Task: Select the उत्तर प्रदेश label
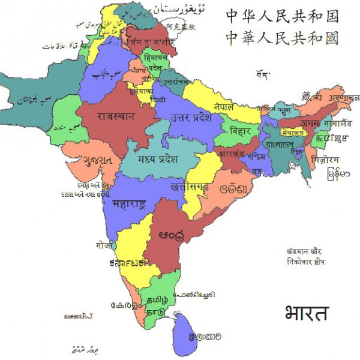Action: tap(191, 118)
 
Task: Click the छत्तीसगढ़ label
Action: tap(190, 185)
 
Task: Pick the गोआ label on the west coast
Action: tap(103, 245)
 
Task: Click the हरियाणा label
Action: tap(143, 92)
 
